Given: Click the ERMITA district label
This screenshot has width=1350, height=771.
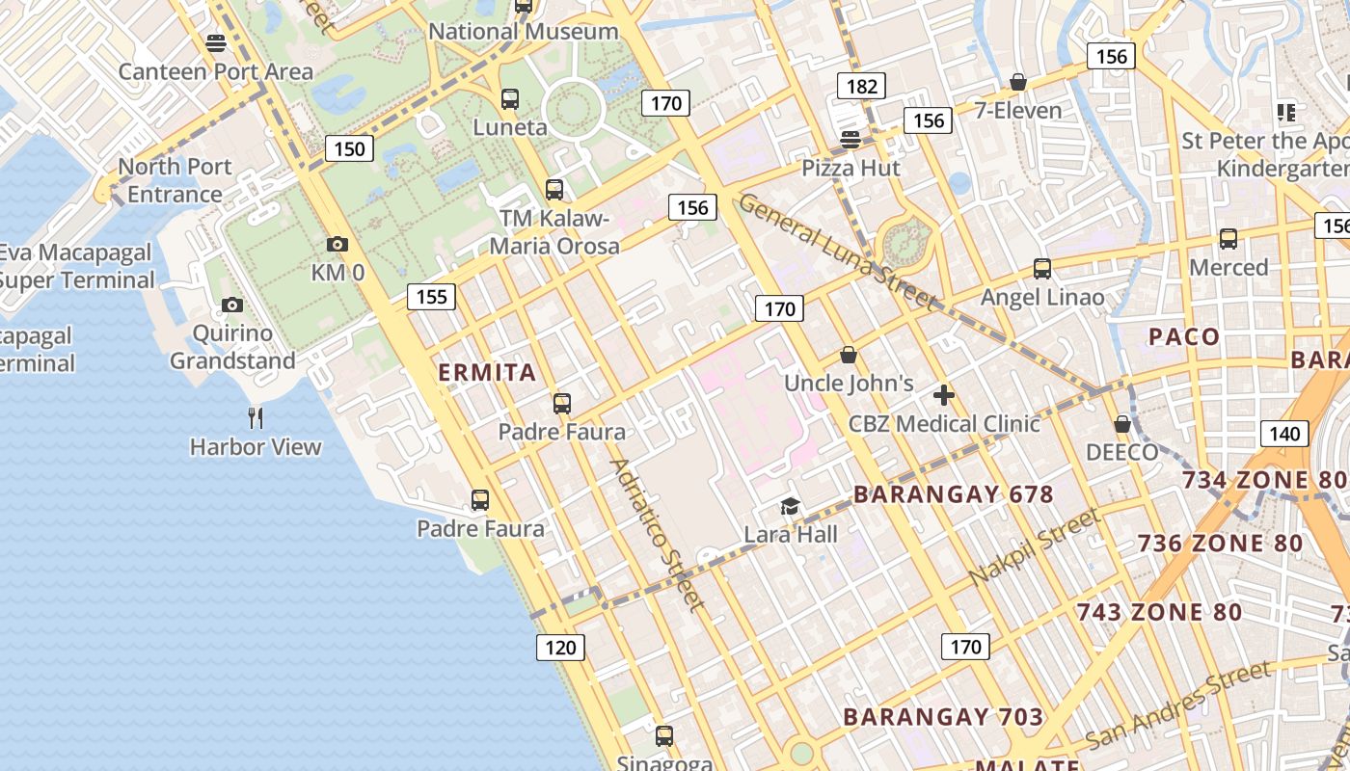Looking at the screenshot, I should (487, 373).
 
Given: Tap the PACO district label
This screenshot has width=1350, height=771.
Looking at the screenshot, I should (1184, 336).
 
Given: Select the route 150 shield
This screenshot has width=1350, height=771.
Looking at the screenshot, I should (349, 148).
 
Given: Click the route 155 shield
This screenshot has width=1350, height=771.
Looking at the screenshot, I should (431, 297).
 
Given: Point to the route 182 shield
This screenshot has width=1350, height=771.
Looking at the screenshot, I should (861, 87).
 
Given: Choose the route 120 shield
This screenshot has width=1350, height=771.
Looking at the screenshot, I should (559, 648).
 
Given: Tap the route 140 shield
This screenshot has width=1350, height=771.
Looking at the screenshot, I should (1284, 434).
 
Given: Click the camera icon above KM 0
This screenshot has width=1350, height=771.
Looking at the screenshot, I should (337, 245).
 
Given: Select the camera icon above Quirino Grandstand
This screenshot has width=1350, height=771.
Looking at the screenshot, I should (231, 306).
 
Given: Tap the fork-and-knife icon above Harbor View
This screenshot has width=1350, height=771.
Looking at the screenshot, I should (256, 417).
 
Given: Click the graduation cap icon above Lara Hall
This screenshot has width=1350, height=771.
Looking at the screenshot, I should (790, 506).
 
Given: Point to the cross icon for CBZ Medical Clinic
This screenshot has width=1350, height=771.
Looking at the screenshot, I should (944, 394).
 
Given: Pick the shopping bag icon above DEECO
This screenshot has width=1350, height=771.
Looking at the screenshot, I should (1121, 424).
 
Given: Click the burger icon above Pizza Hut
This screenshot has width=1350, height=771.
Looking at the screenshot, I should (850, 139).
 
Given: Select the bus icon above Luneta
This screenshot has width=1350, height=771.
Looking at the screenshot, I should (510, 98).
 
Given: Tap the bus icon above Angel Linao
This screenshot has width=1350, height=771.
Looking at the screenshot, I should (1042, 268).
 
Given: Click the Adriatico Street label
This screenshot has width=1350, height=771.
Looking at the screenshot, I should (656, 533).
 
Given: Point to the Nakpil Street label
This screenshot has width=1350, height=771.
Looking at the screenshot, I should (1034, 546).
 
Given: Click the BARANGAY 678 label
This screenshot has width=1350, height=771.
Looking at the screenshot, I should (953, 494).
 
